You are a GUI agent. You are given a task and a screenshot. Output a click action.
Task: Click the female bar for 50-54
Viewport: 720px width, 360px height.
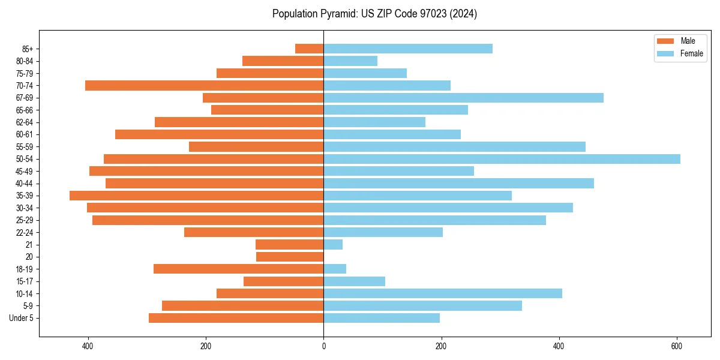point(502,159)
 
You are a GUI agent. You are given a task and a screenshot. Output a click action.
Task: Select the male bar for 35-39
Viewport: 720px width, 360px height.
point(196,196)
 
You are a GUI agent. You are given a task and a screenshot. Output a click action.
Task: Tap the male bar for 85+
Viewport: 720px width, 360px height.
point(310,49)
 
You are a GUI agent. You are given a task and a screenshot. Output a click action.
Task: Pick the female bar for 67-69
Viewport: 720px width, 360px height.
point(463,98)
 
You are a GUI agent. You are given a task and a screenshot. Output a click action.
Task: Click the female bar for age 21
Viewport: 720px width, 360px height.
point(333,245)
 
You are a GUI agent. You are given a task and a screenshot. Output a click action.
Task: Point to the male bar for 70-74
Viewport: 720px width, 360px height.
point(204,85)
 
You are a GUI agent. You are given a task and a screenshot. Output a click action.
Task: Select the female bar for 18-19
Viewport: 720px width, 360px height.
point(335,269)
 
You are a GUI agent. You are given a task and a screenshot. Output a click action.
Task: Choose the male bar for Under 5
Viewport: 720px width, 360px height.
point(236,318)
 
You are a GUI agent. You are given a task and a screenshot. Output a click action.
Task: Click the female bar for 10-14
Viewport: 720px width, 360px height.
point(443,293)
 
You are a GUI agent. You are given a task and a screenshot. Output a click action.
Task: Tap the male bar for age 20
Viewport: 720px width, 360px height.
point(290,257)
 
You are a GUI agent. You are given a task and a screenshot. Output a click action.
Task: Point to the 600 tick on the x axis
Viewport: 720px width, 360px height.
point(677,346)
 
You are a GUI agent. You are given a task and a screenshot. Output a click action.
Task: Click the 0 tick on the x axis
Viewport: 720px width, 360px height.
point(323,346)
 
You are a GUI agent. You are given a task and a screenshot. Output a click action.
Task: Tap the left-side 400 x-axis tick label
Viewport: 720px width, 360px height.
point(88,346)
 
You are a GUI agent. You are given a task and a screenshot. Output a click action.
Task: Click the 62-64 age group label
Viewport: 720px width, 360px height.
point(24,122)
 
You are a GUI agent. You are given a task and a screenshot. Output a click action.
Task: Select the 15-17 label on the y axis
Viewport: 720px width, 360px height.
point(24,281)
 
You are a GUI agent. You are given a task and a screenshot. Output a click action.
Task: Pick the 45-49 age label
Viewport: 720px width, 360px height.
point(24,171)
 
